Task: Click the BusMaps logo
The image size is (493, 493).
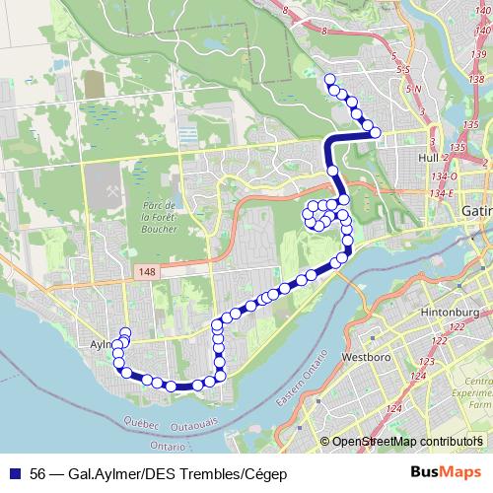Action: coord(441,473)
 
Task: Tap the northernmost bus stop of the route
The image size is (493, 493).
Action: coord(329,80)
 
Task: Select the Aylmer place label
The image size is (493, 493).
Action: coord(95,346)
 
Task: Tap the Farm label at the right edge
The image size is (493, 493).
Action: coord(479,405)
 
